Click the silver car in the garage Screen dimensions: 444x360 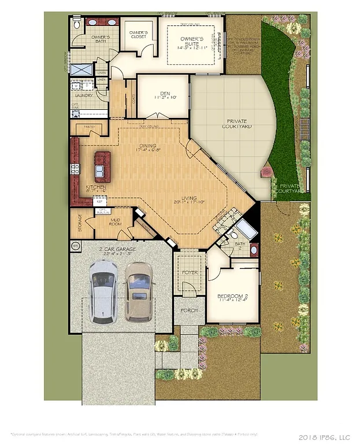click(x=103, y=291)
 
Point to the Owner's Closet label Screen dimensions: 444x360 click(x=138, y=35)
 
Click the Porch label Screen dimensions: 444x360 click(x=189, y=310)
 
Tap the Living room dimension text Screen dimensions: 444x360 click(x=190, y=202)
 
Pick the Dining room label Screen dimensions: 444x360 click(x=147, y=146)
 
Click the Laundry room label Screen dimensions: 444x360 click(x=84, y=95)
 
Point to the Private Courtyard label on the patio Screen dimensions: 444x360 click(x=239, y=124)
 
